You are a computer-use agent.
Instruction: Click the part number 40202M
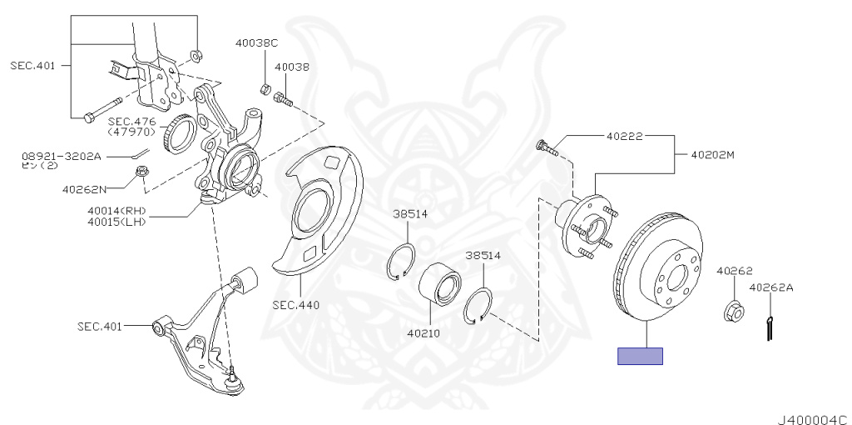click(712, 154)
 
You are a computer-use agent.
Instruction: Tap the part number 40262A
click(771, 288)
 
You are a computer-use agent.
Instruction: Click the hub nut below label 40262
click(732, 309)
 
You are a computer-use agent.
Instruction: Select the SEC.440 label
click(295, 304)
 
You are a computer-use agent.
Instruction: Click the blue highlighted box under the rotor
click(640, 356)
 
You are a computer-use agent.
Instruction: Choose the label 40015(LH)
click(116, 222)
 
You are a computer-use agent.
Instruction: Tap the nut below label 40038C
click(264, 88)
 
